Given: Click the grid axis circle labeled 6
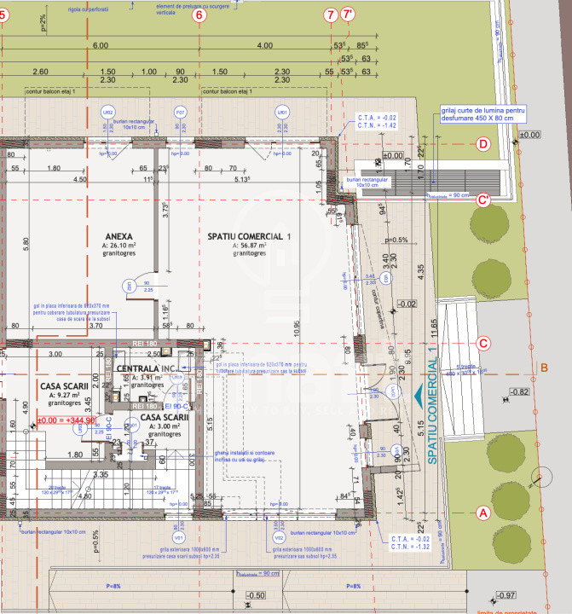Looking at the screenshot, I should pyautogui.click(x=199, y=15).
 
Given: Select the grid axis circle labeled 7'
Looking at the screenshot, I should pyautogui.click(x=347, y=15).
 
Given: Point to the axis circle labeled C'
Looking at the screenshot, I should pyautogui.click(x=483, y=200).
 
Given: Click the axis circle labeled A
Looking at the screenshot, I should pyautogui.click(x=483, y=513).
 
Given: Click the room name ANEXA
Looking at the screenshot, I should pyautogui.click(x=118, y=235).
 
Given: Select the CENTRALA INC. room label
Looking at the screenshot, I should pyautogui.click(x=147, y=368).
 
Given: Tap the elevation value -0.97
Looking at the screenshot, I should pyautogui.click(x=507, y=594).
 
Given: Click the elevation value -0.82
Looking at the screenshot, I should pyautogui.click(x=519, y=391).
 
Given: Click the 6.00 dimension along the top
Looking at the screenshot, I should pyautogui.click(x=101, y=44).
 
